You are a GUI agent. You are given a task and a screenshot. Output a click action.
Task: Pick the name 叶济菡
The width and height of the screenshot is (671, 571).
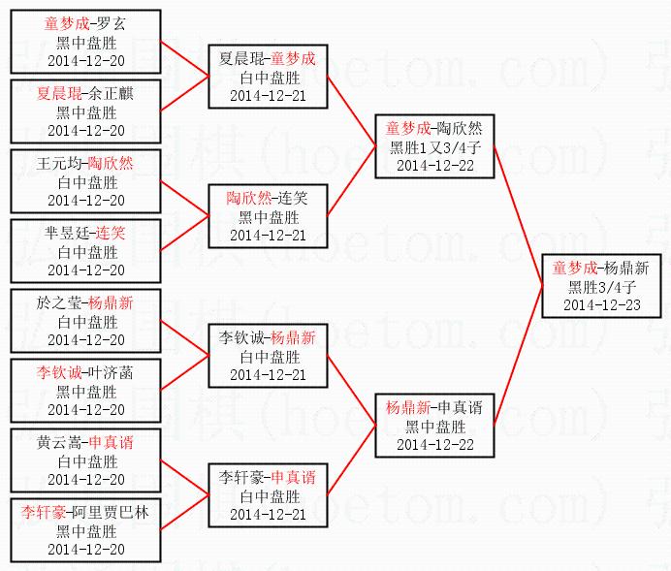[x=113, y=371]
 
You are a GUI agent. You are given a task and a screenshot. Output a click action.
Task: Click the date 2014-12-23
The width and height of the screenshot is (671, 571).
[x=601, y=304]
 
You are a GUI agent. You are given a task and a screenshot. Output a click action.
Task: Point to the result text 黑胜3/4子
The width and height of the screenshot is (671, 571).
[x=601, y=287]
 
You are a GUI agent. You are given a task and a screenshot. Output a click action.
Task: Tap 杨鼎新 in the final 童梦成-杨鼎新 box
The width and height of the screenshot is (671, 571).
[x=627, y=269]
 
